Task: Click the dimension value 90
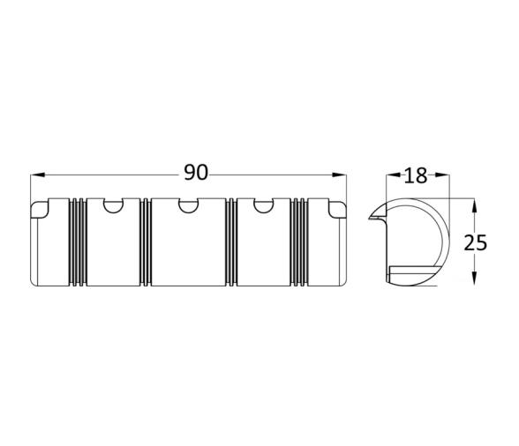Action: [196, 173]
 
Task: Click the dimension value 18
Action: [416, 175]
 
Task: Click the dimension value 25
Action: [475, 242]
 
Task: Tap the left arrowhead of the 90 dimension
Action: [37, 175]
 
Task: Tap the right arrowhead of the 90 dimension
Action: [339, 175]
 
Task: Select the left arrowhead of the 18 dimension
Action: [394, 175]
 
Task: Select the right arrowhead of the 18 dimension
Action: [442, 175]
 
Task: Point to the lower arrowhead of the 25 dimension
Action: [474, 278]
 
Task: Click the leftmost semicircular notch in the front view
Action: [113, 205]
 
